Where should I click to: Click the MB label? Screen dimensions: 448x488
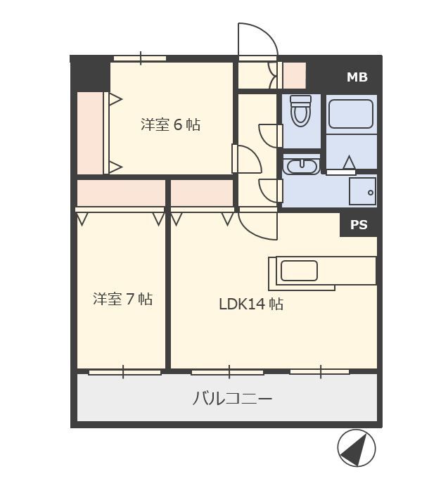(x=357, y=77)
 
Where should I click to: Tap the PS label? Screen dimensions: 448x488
(x=359, y=225)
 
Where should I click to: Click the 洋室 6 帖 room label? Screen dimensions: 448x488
(x=170, y=124)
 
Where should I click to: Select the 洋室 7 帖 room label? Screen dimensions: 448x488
(x=122, y=299)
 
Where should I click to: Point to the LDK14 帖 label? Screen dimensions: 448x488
(x=251, y=304)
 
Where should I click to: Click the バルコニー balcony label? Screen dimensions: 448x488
(x=233, y=399)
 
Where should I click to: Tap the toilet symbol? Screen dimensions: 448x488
(x=300, y=111)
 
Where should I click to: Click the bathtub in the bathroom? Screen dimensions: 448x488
(x=351, y=114)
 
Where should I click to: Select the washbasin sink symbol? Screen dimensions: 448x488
(x=302, y=166)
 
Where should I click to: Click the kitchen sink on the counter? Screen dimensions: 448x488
(x=299, y=271)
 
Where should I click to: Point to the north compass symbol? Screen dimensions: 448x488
(x=357, y=448)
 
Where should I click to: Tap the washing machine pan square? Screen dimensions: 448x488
(x=362, y=191)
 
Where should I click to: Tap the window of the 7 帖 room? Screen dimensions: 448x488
(x=124, y=372)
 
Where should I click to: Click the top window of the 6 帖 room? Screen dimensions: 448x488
(x=140, y=58)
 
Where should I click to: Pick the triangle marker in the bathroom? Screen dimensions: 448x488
(x=349, y=162)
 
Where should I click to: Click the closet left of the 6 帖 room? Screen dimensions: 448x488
(x=90, y=133)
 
